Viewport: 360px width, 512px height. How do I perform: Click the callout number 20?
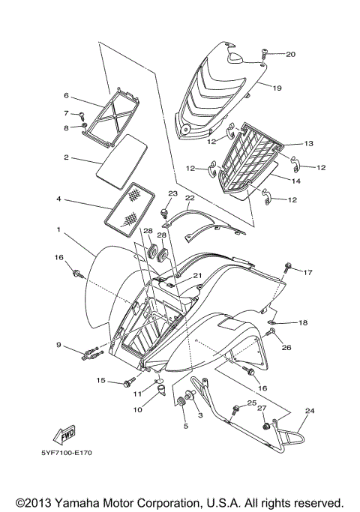pos(290,54)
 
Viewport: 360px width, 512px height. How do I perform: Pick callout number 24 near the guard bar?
pos(310,411)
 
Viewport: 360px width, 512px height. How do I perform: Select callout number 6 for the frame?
pos(66,96)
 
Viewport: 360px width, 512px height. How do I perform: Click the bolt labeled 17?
pos(288,267)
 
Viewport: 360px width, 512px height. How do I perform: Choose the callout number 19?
pos(277,88)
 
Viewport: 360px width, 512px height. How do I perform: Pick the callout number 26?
pos(286,347)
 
